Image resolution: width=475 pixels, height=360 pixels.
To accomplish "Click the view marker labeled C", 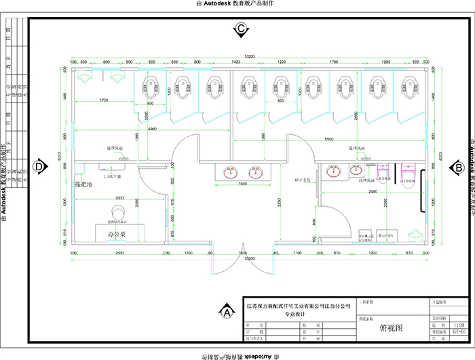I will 240,29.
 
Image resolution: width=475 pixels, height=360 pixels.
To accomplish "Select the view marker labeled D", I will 39,167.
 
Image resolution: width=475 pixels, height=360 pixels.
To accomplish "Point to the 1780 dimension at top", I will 333,62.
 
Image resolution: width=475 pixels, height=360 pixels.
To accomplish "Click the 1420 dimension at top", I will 236,62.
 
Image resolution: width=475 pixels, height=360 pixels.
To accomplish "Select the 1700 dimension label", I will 104,100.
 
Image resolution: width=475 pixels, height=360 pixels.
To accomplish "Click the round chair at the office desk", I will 119,212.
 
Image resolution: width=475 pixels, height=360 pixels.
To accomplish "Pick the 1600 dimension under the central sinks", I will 242,184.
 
